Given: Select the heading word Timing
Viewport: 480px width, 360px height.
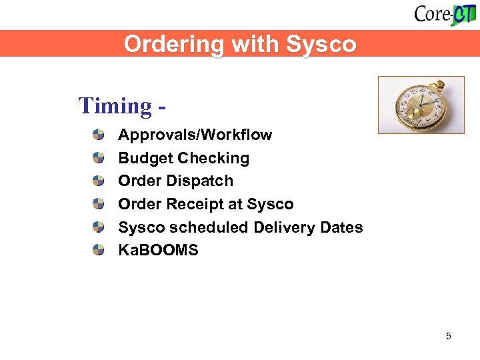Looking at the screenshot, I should click(x=115, y=105).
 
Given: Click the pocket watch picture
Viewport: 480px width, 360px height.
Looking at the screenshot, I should click(x=421, y=105).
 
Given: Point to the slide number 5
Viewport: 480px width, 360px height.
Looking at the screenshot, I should click(x=448, y=336).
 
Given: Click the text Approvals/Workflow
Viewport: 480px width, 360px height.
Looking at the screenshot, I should click(x=195, y=135).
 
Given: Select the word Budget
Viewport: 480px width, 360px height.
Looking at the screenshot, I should click(x=142, y=158).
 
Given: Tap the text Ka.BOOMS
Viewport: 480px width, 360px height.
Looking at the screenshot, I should click(x=158, y=251).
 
